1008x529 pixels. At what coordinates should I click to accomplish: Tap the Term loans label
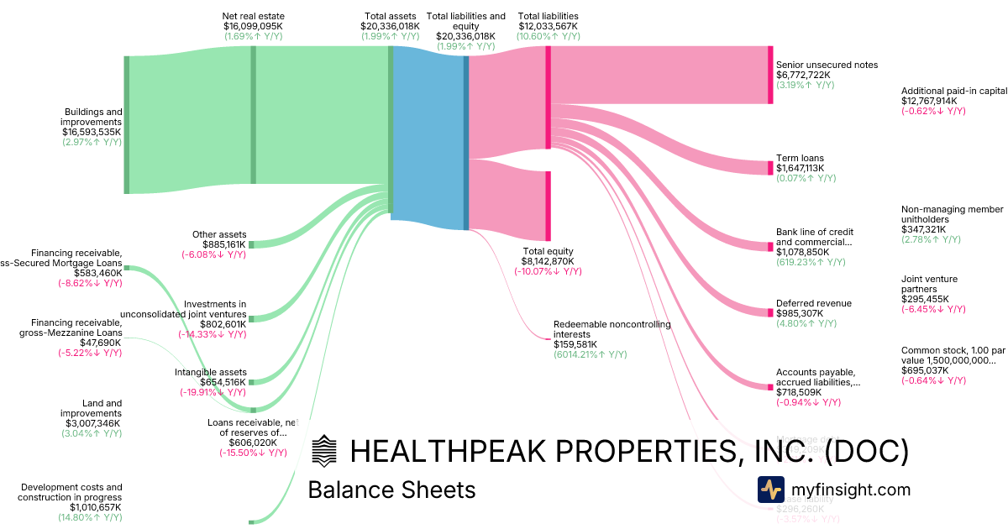[800, 158]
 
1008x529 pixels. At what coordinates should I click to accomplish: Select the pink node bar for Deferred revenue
[770, 312]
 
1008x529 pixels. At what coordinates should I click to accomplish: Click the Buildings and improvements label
[93, 117]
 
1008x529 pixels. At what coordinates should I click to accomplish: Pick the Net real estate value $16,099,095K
[253, 26]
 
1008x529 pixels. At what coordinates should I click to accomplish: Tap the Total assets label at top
[391, 16]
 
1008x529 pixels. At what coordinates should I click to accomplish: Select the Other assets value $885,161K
[219, 244]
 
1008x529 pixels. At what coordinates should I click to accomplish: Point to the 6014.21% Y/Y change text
[590, 354]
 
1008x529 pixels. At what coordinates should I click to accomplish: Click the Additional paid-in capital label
[953, 91]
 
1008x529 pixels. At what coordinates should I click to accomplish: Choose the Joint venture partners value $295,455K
[925, 299]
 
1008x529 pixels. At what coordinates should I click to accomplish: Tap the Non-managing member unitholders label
[952, 214]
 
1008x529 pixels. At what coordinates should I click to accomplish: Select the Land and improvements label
[91, 408]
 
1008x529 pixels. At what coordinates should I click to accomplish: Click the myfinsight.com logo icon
[770, 490]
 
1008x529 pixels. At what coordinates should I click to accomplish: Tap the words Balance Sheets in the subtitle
[391, 490]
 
